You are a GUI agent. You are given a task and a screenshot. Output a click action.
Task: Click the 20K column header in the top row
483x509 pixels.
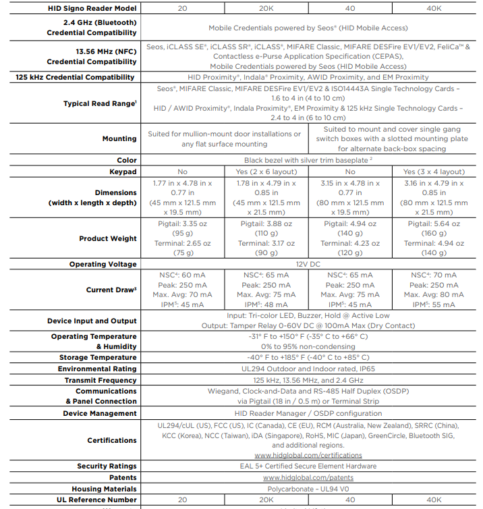coord(266,8)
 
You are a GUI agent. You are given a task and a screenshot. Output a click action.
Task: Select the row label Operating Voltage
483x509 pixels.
coord(103,264)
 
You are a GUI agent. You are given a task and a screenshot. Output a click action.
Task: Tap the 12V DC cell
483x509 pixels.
coord(308,264)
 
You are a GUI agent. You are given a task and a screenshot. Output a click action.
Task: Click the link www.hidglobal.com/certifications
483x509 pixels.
coord(308,455)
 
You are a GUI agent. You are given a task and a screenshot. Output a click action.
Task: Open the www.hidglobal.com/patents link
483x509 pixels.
coord(308,477)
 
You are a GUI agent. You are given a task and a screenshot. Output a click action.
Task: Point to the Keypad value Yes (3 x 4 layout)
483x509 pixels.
coord(434,172)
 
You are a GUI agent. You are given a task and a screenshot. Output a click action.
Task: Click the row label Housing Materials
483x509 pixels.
coord(104,489)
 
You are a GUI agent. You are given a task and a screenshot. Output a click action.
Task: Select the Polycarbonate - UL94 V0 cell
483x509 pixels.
coord(308,489)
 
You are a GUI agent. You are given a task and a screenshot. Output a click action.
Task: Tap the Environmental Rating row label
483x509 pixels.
coord(97,369)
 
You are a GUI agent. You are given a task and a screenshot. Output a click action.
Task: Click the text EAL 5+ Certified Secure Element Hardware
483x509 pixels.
coord(308,466)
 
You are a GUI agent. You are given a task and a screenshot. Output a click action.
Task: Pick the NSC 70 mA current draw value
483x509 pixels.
coord(434,275)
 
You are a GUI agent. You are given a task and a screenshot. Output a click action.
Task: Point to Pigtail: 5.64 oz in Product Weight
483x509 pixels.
coord(434,223)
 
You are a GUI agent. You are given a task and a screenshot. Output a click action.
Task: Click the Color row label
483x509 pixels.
coord(127,160)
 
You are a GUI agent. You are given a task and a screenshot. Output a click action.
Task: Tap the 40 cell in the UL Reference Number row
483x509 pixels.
coord(350,500)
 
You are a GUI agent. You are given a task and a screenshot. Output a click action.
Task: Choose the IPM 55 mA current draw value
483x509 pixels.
coord(434,304)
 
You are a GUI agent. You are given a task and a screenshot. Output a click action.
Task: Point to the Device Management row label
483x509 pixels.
coord(100,413)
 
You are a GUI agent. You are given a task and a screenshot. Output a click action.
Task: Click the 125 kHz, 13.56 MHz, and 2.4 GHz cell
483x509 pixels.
coord(308,380)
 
